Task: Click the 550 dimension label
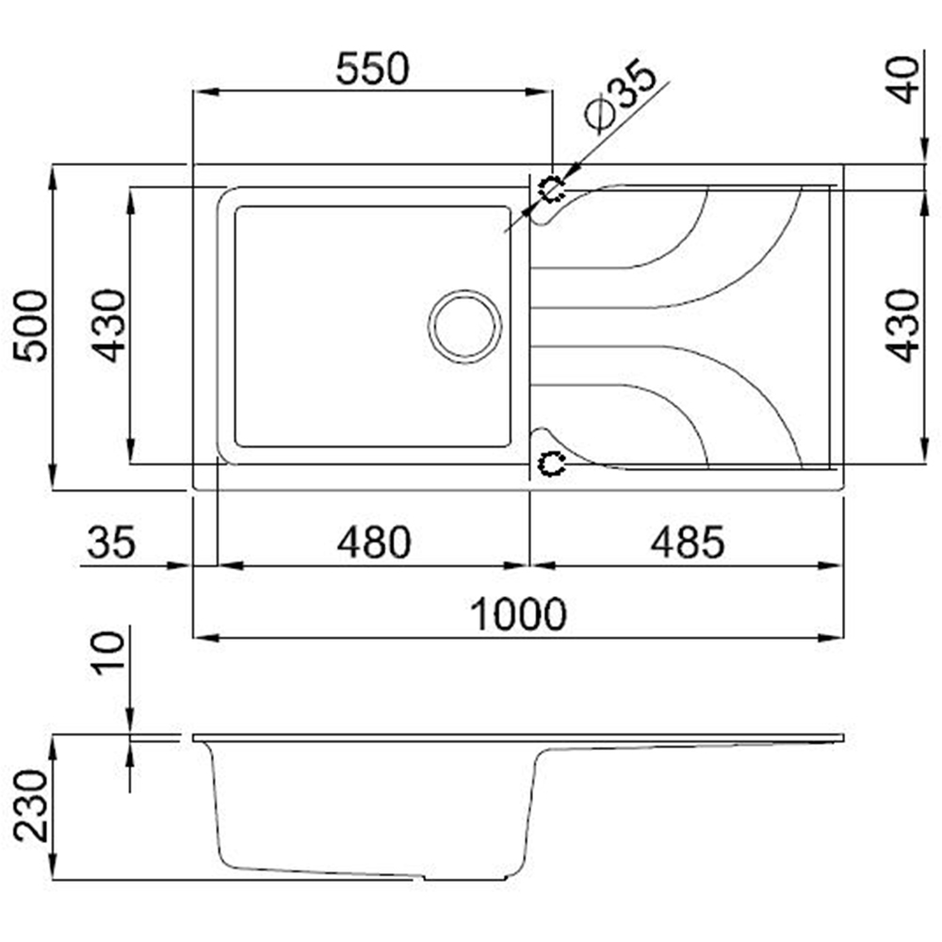click(374, 70)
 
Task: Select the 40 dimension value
click(906, 80)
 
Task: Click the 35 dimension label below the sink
click(112, 543)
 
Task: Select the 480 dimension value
click(374, 543)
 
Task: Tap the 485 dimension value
click(688, 543)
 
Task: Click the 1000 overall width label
click(519, 615)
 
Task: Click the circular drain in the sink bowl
click(464, 325)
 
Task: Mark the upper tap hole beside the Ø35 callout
click(550, 188)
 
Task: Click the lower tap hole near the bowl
click(550, 463)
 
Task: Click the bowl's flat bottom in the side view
click(320, 870)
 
